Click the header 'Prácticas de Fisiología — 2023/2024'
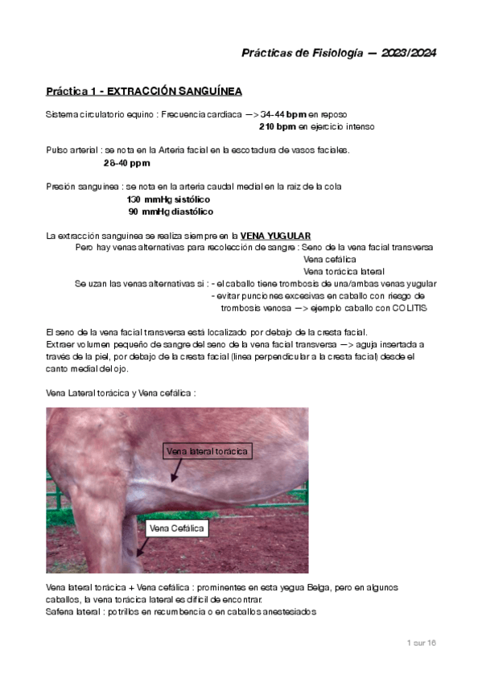pos(339,53)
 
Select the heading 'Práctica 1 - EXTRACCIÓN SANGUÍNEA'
pos(143,91)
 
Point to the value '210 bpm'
pos(277,127)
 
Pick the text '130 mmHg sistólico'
pos(169,199)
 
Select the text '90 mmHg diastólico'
pos(171,212)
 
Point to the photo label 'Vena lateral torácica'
pos(208,451)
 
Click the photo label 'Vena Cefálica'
pos(177,528)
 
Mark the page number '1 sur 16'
pos(419,643)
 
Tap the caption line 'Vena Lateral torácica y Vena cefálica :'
pos(122,393)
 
